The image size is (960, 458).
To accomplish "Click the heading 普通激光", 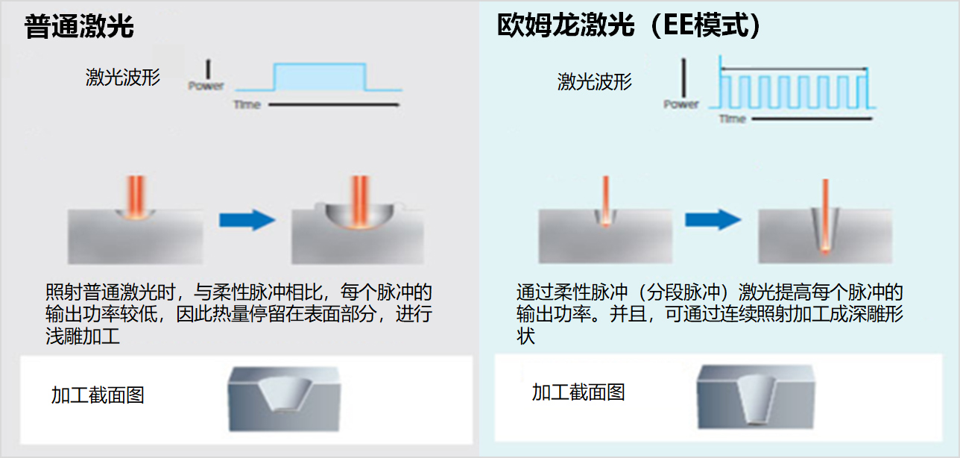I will [79, 28].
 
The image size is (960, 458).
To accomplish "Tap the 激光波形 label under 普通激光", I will [122, 77].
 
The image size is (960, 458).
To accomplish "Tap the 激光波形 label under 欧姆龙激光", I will [594, 81].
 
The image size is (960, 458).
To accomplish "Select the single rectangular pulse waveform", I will [320, 78].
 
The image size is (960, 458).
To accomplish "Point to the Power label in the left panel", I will [206, 86].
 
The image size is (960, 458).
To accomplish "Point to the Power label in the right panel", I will [681, 104].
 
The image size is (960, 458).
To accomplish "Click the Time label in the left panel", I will [247, 104].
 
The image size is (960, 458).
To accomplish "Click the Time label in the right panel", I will [732, 119].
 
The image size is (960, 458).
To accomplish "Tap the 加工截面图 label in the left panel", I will [98, 395].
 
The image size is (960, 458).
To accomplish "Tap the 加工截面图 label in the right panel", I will [578, 392].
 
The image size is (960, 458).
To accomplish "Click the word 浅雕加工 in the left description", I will [83, 336].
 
